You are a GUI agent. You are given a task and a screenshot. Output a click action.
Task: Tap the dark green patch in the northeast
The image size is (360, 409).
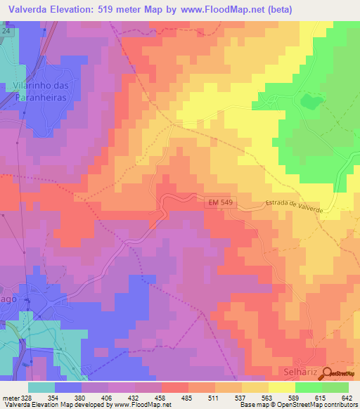[x=310, y=103]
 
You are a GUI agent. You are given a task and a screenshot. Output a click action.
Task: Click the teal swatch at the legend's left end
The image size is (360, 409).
[x=41, y=387]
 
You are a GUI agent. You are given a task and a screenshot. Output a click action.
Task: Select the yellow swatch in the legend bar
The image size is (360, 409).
[x=282, y=387]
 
